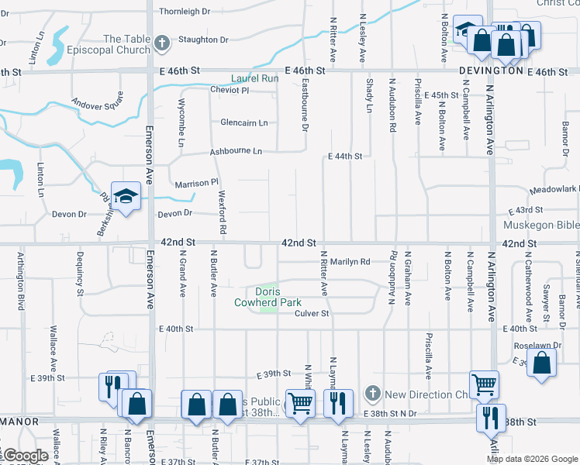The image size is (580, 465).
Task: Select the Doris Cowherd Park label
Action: (x=267, y=297)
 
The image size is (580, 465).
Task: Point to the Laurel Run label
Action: (x=254, y=78)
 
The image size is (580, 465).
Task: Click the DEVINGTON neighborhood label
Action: (x=491, y=71)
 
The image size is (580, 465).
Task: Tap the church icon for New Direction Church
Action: (x=373, y=394)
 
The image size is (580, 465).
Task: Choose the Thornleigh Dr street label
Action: (x=185, y=12)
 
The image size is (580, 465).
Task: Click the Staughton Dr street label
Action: (x=203, y=40)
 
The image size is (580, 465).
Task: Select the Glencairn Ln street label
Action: (x=243, y=123)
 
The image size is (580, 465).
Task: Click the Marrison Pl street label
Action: (x=196, y=184)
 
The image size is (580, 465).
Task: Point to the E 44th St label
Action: (x=345, y=157)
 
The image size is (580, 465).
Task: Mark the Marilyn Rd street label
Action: (x=350, y=262)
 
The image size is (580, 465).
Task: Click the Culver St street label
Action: (x=312, y=314)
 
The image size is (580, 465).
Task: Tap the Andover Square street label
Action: (x=98, y=102)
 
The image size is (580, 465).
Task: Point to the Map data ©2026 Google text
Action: (x=530, y=459)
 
